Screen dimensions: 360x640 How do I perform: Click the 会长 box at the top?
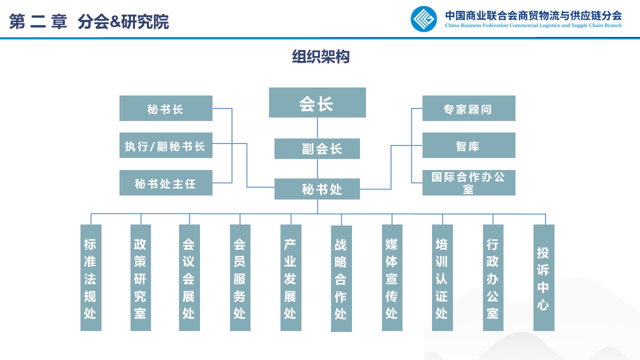317,102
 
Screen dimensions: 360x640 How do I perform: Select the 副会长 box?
317,148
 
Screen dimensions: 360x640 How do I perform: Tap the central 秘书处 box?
317,189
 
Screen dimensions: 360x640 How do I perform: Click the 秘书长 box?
165,108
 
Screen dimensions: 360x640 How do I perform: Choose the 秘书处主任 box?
165,182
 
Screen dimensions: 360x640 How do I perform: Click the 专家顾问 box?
468,108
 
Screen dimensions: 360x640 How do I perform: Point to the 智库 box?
468,145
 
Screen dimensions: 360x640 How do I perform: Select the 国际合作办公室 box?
468,182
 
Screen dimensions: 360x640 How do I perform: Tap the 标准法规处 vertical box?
90,277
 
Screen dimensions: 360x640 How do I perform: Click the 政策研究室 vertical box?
140,277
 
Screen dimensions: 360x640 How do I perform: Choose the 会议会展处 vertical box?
189,277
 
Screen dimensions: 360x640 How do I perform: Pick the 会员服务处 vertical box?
240,277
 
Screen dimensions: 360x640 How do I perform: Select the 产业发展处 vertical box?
290,277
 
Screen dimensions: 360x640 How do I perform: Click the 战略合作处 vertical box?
341,278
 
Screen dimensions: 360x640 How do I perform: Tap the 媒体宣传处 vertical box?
392,277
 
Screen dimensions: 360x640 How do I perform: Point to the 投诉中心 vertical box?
544,277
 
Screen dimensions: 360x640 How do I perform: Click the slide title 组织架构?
320,57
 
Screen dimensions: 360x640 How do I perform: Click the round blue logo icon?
423,19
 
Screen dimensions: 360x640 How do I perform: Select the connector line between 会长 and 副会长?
317,128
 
